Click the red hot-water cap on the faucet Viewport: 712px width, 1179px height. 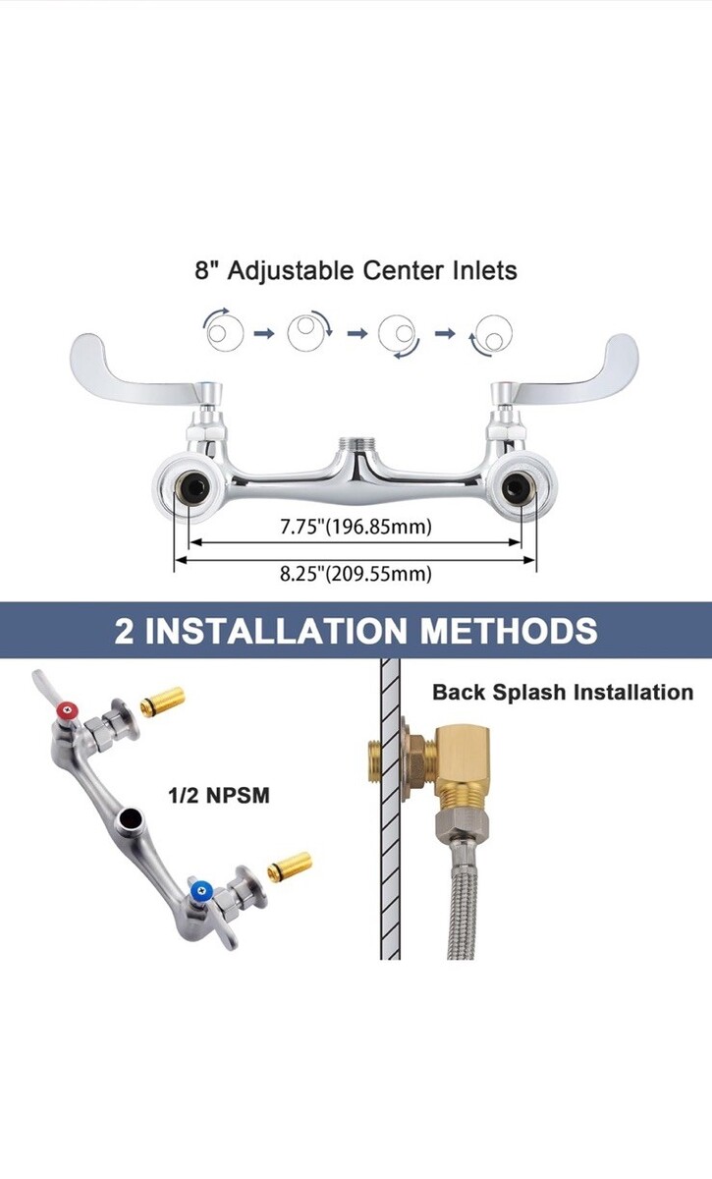tap(67, 710)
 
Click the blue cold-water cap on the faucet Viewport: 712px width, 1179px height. tap(200, 889)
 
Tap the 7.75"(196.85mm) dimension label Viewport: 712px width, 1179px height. tap(356, 527)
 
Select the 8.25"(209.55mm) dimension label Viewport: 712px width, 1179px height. tap(356, 573)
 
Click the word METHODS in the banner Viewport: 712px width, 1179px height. tap(509, 631)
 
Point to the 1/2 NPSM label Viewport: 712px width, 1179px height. tap(219, 795)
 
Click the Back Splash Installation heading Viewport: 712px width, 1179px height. tap(563, 692)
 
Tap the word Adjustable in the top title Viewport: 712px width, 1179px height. tap(291, 271)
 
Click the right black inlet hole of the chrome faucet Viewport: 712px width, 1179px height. tap(512, 489)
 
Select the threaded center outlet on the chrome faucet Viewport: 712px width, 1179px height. tap(354, 443)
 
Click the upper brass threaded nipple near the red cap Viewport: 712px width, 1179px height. tap(163, 702)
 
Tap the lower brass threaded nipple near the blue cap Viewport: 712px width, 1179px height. tap(290, 867)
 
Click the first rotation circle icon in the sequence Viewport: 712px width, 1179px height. tap(224, 331)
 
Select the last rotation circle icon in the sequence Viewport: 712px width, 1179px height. tap(490, 335)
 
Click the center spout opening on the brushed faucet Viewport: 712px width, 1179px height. tap(130, 818)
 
